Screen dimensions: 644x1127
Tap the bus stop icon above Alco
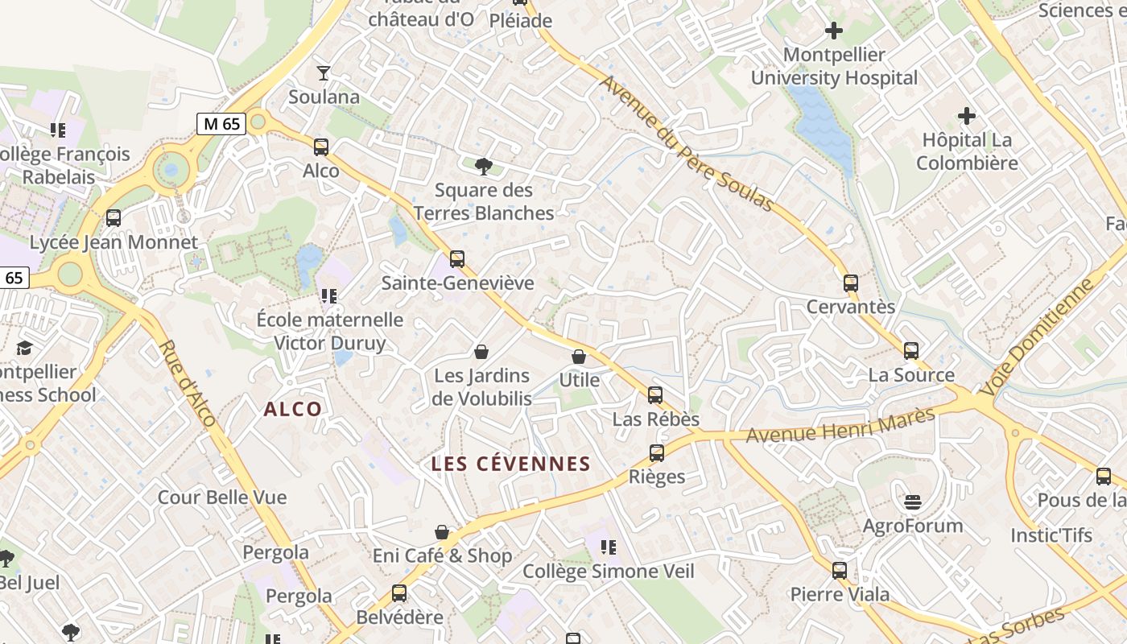pyautogui.click(x=321, y=147)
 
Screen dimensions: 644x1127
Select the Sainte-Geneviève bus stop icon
pyautogui.click(x=457, y=259)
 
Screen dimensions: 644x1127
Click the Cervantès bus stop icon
pyautogui.click(x=851, y=283)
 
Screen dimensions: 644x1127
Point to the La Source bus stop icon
pyautogui.click(x=911, y=351)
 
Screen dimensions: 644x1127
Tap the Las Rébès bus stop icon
pyautogui.click(x=655, y=395)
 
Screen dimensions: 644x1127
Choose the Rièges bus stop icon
pyautogui.click(x=657, y=453)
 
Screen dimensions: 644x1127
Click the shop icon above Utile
pyautogui.click(x=579, y=356)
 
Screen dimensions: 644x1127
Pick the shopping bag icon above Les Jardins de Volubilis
pyautogui.click(x=481, y=352)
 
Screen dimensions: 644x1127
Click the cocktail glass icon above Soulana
pyautogui.click(x=324, y=73)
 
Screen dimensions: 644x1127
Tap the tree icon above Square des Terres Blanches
pyautogui.click(x=484, y=167)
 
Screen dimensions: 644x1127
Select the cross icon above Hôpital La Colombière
pyautogui.click(x=966, y=116)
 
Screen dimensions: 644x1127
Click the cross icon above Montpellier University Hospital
pyautogui.click(x=834, y=31)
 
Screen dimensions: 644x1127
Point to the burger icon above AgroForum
pyautogui.click(x=912, y=502)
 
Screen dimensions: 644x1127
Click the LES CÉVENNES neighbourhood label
pyautogui.click(x=511, y=464)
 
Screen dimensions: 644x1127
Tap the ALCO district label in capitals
pyautogui.click(x=293, y=409)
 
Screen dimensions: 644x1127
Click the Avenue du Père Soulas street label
pyautogui.click(x=686, y=143)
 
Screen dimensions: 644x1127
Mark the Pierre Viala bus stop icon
pyautogui.click(x=840, y=571)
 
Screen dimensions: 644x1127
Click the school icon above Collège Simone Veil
pyautogui.click(x=609, y=547)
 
